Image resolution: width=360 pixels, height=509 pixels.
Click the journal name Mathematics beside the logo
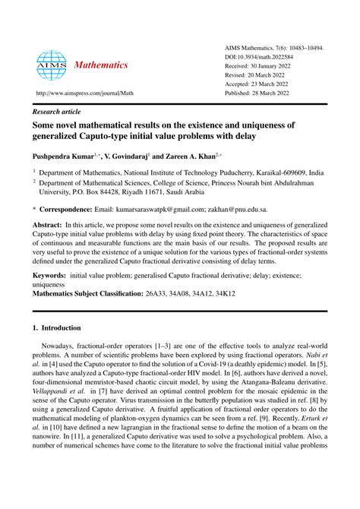[x=102, y=65]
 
